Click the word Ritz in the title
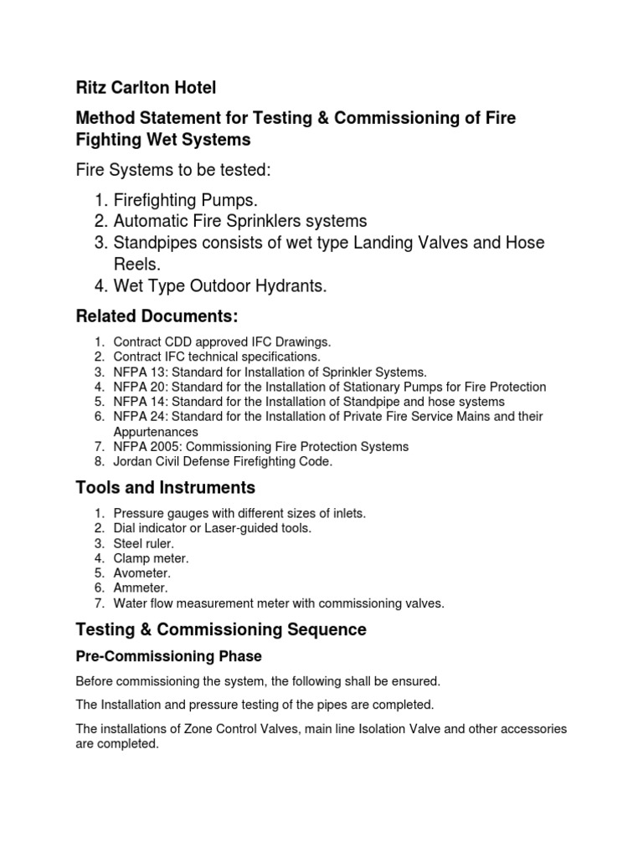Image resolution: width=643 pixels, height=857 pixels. (x=92, y=87)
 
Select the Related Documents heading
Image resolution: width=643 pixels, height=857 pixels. (x=157, y=316)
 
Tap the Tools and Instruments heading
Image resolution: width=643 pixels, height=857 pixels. (x=166, y=486)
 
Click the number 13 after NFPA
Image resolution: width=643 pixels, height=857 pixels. (x=154, y=372)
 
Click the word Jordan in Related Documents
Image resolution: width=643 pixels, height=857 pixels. (x=132, y=462)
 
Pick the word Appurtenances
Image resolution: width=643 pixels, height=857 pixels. (x=156, y=432)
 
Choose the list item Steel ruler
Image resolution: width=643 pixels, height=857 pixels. (x=144, y=543)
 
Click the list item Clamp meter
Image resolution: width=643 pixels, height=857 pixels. (x=152, y=558)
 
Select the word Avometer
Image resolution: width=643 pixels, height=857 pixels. (x=142, y=573)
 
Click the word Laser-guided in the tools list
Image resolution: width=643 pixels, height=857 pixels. (x=242, y=528)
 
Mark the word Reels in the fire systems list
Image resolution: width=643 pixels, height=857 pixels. (x=136, y=264)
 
